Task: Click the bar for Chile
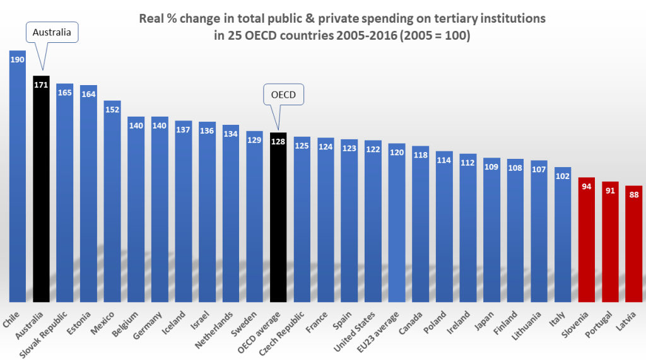(18, 177)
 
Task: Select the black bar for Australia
(41, 189)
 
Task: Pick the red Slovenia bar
(587, 240)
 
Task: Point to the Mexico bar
(112, 202)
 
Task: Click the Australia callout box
(52, 32)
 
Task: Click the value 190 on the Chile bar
(18, 59)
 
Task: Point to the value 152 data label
(112, 109)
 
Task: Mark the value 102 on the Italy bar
(563, 176)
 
